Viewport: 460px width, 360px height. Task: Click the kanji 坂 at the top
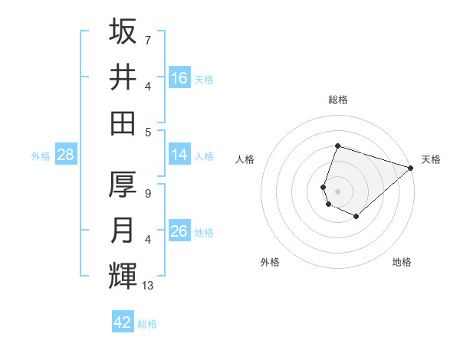(123, 31)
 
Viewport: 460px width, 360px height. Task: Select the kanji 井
(123, 77)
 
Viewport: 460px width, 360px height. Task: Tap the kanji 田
(123, 123)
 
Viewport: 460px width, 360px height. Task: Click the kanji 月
(123, 231)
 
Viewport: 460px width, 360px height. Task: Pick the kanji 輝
(123, 276)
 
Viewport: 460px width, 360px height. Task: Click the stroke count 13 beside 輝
(148, 286)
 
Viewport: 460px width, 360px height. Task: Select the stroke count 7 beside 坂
(147, 40)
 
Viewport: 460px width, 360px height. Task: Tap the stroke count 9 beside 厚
(147, 194)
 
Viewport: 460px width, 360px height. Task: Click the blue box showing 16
(179, 78)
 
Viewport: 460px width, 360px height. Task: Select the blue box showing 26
(179, 231)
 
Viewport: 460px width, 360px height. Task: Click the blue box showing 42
(123, 322)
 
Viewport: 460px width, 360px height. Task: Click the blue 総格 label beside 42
(147, 324)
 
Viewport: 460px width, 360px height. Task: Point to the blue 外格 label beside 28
(41, 156)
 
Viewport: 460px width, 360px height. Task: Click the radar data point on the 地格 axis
(356, 217)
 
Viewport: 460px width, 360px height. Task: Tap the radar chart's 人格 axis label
(245, 159)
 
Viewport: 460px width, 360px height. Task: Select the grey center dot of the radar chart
(337, 191)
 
